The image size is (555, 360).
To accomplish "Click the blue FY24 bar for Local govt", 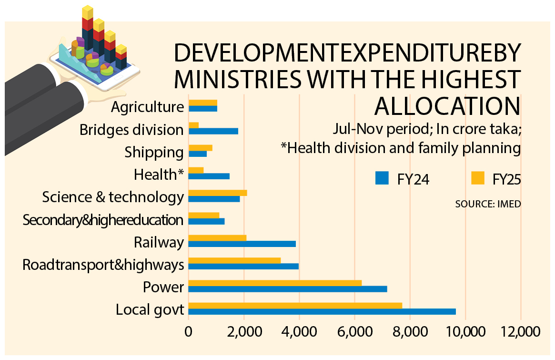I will tap(322, 311).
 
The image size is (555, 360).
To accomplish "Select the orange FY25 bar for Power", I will tap(275, 283).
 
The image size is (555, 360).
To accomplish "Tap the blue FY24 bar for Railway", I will tap(242, 244).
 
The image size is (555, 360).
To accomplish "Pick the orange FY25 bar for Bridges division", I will tap(193, 125).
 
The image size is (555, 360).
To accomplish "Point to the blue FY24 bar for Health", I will tap(209, 176).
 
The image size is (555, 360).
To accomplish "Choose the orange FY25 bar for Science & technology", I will tap(218, 193).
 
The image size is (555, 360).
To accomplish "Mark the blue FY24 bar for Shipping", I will tap(198, 154).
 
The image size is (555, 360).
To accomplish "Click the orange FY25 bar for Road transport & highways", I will tap(234, 260).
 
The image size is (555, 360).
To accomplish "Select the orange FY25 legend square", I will tap(477, 178).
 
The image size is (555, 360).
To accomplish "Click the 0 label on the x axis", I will tap(189, 331).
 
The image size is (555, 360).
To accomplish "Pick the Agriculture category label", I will tap(147, 106).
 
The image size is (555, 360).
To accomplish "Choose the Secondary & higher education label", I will tap(103, 220).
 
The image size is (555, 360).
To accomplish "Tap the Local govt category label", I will tap(150, 310).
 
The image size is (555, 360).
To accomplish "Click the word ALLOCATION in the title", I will tap(446, 106).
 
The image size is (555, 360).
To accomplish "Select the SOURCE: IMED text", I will tap(488, 204).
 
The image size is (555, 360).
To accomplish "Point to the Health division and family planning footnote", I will tap(400, 148).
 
